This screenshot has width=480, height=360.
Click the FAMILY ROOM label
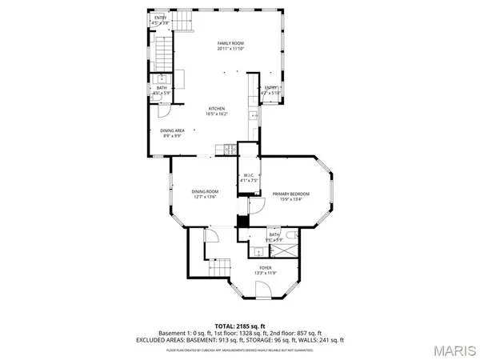(230, 46)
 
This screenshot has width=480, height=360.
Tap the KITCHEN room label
(217, 111)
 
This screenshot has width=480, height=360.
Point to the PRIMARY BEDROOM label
(290, 197)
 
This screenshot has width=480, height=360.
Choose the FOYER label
(265, 270)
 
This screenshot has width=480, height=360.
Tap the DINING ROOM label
(205, 194)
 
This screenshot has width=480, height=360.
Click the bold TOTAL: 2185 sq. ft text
(239, 326)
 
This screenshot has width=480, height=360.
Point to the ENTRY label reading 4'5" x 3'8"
(161, 20)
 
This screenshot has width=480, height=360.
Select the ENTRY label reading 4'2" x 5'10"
(270, 90)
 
